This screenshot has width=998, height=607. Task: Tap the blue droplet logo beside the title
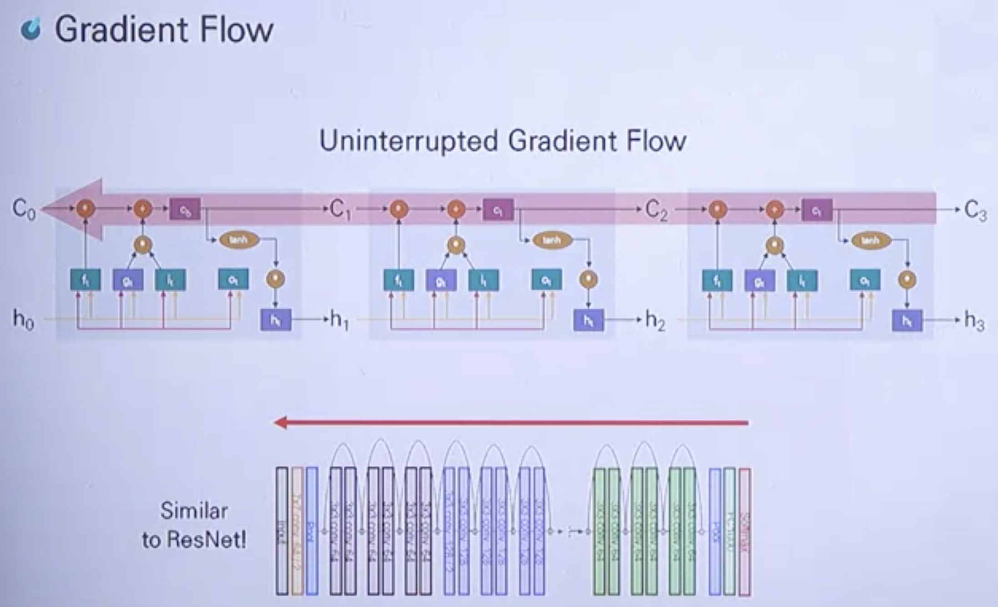click(x=31, y=30)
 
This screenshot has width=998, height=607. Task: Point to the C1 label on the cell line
click(x=340, y=210)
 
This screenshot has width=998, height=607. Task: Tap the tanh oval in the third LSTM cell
click(x=870, y=240)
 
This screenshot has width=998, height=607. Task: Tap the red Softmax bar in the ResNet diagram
click(x=745, y=531)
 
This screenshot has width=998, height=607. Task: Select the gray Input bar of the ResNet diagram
click(x=282, y=531)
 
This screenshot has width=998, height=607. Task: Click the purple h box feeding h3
click(x=907, y=321)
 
